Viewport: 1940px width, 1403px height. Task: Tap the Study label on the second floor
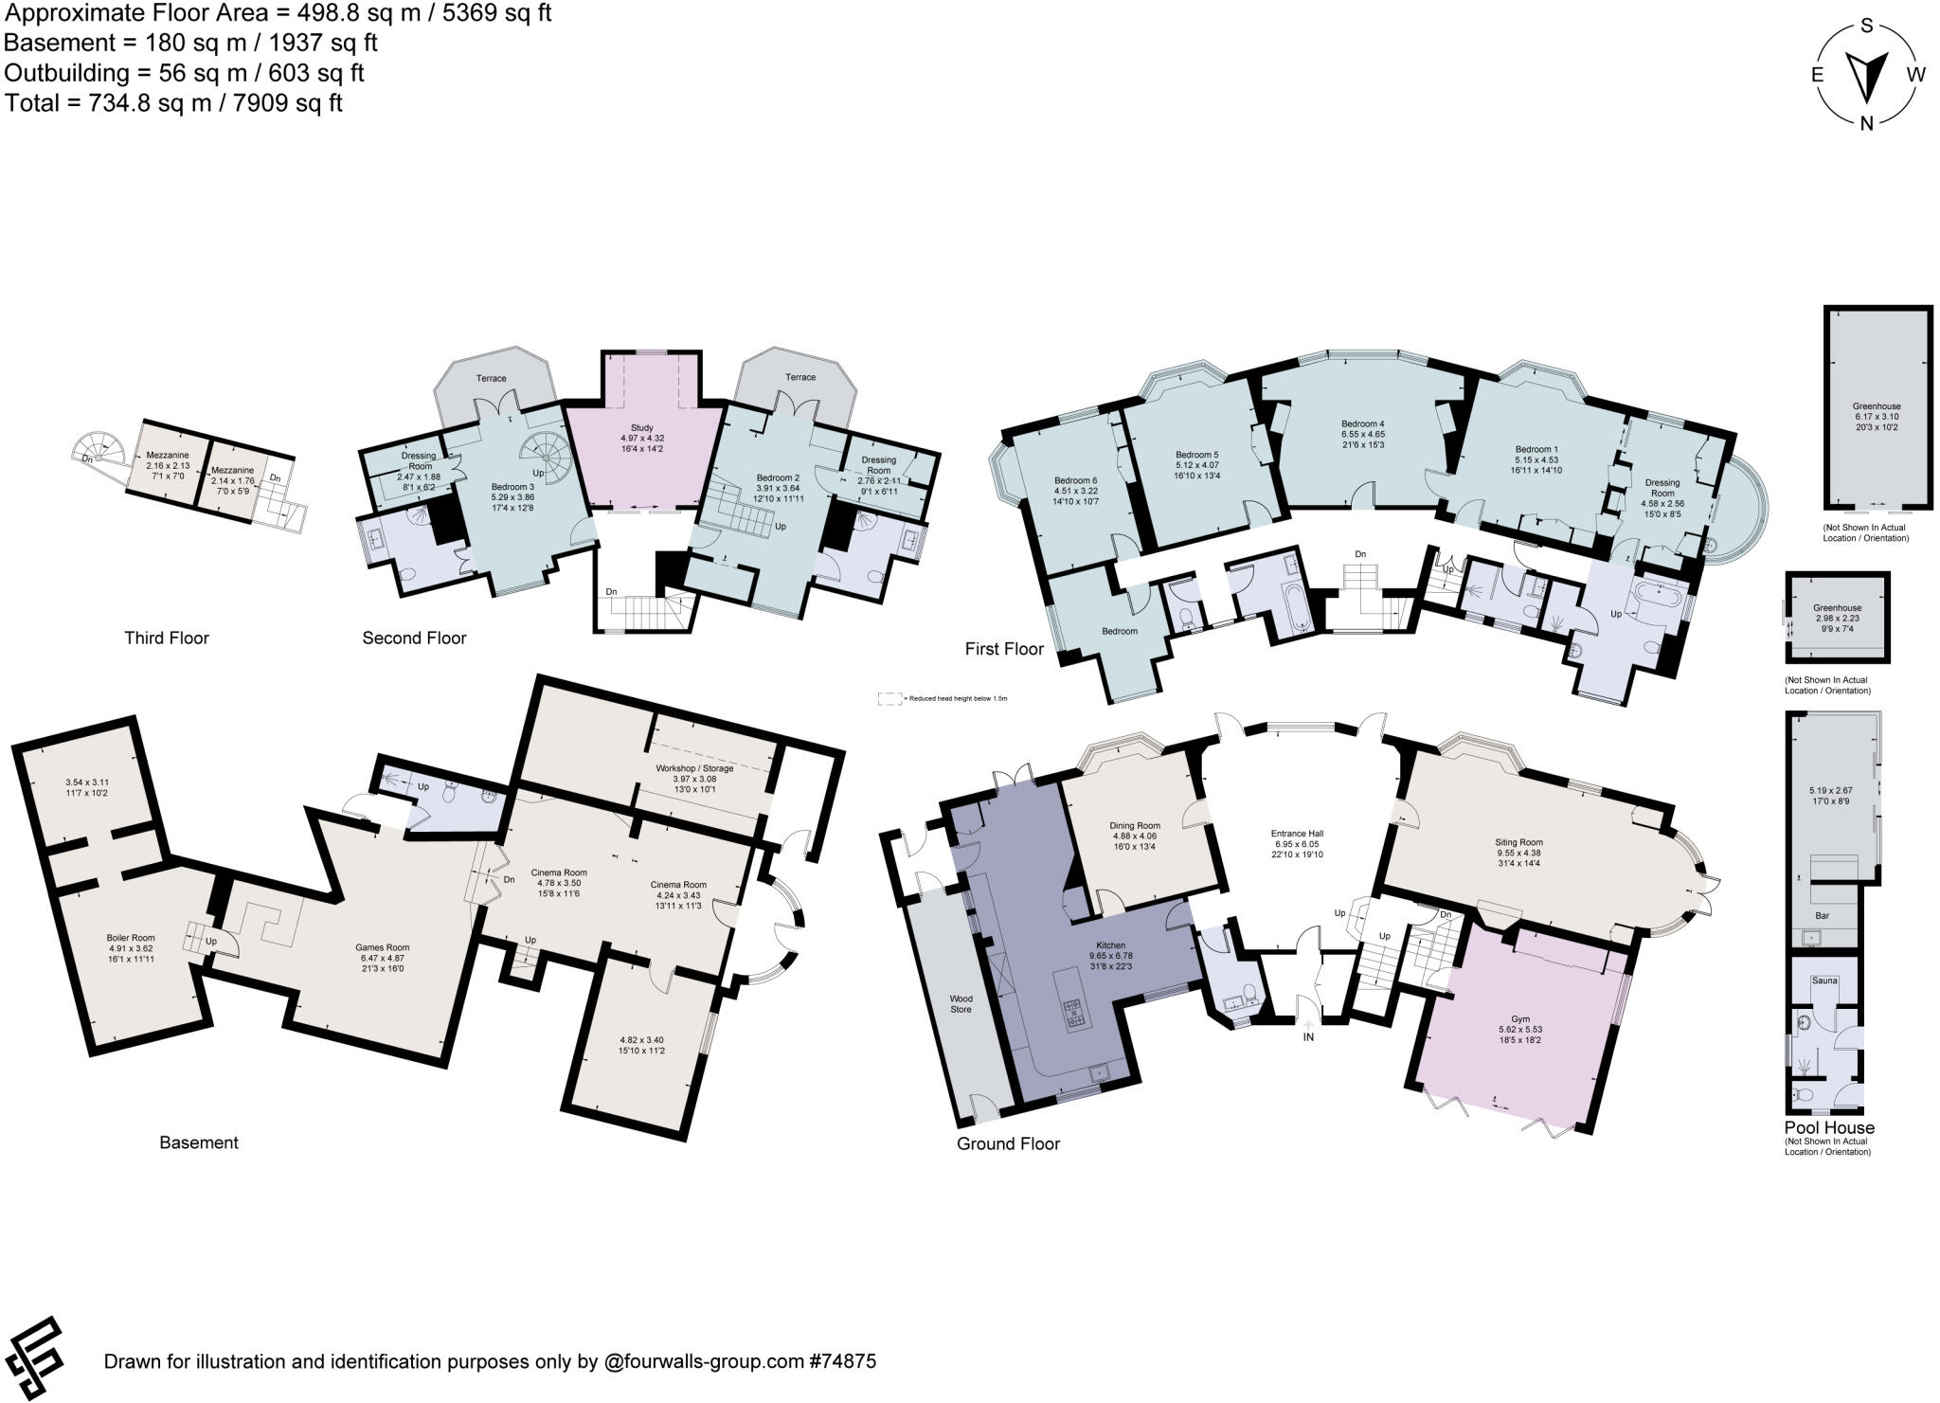click(x=641, y=428)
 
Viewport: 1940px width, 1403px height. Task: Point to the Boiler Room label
click(x=130, y=938)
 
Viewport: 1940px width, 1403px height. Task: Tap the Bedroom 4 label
click(x=1362, y=423)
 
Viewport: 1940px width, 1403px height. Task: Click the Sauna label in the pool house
click(x=1824, y=980)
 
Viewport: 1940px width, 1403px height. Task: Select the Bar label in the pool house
click(x=1822, y=916)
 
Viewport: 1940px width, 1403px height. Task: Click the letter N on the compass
click(x=1867, y=122)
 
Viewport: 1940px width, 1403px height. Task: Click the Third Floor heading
click(x=167, y=638)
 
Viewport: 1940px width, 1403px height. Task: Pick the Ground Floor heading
click(x=1008, y=1143)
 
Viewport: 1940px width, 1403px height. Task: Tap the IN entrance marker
click(x=1309, y=1036)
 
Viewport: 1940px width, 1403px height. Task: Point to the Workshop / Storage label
click(x=694, y=768)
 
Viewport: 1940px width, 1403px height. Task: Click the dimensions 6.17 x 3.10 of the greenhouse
click(x=1877, y=416)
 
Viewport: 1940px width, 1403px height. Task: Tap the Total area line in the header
click(x=173, y=102)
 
